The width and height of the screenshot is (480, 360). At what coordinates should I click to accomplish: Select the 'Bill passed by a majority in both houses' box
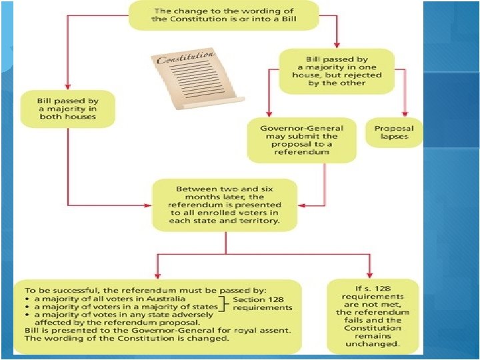(x=67, y=109)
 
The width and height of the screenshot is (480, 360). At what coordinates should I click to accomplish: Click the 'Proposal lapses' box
(x=393, y=132)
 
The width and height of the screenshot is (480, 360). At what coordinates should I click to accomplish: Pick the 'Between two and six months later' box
(x=225, y=204)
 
